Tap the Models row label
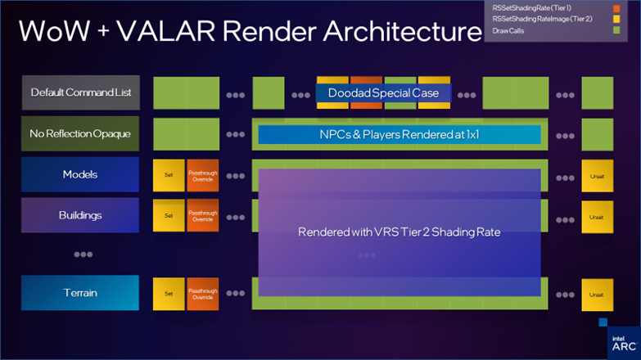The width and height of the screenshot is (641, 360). pos(79,174)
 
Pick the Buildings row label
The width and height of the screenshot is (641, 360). pos(79,215)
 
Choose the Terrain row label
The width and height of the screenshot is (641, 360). pos(79,293)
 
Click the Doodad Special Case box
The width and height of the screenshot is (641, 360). pos(383,92)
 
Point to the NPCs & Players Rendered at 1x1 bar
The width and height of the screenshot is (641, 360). pos(399,133)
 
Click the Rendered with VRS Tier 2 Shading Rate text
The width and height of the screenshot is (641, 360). pos(399,232)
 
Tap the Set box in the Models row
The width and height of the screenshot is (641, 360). pos(169,175)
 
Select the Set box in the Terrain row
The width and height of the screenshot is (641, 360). pos(169,294)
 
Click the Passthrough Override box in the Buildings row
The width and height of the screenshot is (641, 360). pos(203,216)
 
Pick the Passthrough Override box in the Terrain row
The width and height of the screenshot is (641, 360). pos(203,294)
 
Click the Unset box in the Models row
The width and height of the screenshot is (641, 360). pos(597,175)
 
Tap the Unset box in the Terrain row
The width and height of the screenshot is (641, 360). pos(597,294)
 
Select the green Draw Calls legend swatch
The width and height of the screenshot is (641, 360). pos(616,31)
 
